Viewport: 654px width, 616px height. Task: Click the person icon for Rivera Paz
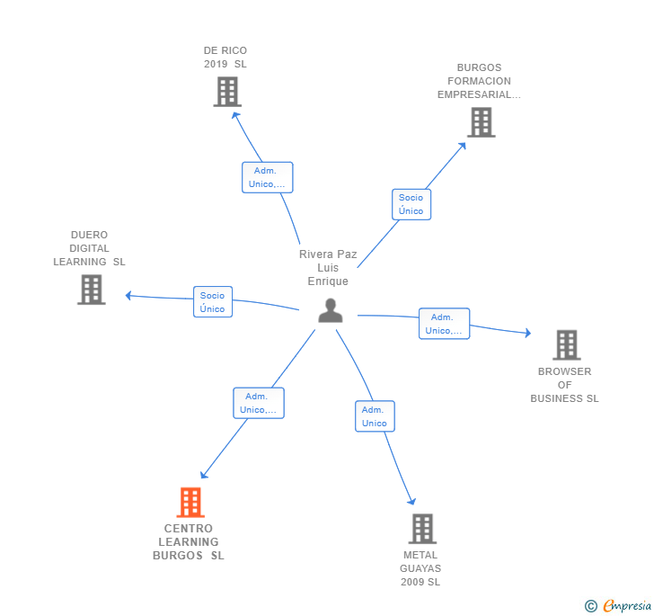point(331,310)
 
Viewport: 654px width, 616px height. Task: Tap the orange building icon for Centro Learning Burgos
point(190,502)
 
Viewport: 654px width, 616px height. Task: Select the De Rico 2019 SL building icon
point(227,92)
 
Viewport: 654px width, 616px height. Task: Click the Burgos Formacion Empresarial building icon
point(482,122)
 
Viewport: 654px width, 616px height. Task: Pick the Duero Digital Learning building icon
point(91,290)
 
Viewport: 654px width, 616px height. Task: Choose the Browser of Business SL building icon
point(566,344)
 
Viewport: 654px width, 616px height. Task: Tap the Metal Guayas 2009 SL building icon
point(422,529)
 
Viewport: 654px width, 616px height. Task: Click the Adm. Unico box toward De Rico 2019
point(267,177)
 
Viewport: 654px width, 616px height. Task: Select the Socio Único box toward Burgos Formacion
point(411,204)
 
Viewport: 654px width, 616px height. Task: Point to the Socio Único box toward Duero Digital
point(213,302)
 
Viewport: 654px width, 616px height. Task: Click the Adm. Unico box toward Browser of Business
point(444,324)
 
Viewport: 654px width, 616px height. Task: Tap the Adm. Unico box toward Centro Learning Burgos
point(259,403)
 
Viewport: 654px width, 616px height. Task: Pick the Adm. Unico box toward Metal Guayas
point(374,416)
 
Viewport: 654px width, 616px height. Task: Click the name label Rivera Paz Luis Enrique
point(328,268)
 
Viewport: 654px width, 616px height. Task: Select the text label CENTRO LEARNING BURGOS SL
point(189,542)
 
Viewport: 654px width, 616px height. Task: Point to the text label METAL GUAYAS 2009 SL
point(421,568)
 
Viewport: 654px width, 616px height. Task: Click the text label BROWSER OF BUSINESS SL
point(564,385)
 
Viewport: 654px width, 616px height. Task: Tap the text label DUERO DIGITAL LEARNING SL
point(89,248)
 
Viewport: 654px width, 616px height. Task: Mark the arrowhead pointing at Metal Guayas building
point(412,502)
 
